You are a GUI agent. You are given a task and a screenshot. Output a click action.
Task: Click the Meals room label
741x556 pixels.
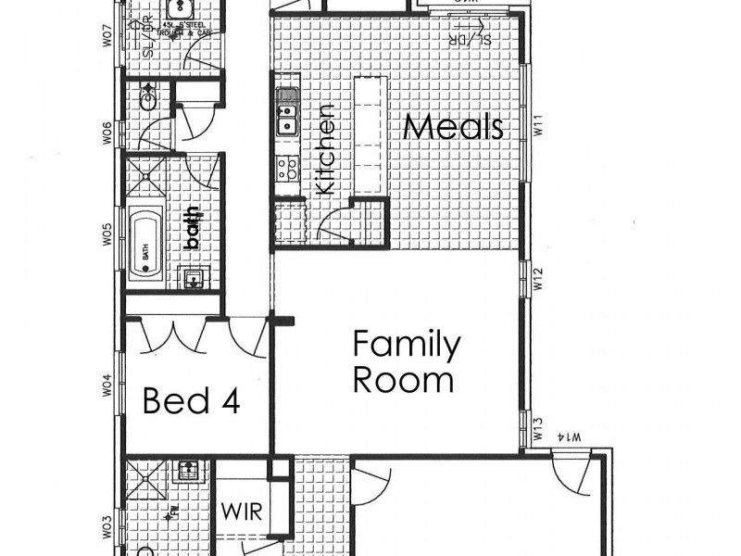pyautogui.click(x=454, y=127)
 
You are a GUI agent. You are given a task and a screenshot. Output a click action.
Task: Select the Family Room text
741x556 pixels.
pyautogui.click(x=406, y=361)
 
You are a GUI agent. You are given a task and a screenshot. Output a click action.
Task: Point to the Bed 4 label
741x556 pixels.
pyautogui.click(x=192, y=401)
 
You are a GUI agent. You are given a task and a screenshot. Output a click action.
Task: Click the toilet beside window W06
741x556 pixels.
pyautogui.click(x=148, y=93)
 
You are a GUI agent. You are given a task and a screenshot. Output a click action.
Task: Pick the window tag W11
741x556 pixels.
pyautogui.click(x=535, y=124)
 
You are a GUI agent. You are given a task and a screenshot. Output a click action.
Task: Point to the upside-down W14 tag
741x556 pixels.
pyautogui.click(x=571, y=436)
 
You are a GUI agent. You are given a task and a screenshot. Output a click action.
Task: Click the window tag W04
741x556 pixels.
pyautogui.click(x=107, y=384)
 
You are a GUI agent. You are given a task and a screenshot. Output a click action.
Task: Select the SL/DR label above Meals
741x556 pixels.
pyautogui.click(x=469, y=40)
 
